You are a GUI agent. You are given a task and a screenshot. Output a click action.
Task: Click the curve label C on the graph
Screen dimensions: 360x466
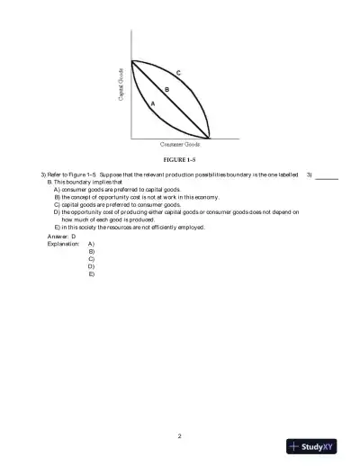point(179,71)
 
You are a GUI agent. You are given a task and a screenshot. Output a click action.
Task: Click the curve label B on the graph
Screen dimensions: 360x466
point(166,89)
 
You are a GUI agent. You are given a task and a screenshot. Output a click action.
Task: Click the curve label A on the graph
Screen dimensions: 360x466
point(152,104)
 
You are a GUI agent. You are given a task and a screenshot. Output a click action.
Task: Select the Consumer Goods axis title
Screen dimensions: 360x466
point(180,144)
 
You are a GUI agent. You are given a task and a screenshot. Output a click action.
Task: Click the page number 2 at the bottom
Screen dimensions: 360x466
point(180,435)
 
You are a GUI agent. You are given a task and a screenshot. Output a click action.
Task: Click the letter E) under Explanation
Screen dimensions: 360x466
point(92,273)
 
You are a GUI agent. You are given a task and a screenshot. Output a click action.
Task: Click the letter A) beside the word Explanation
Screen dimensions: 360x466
point(92,244)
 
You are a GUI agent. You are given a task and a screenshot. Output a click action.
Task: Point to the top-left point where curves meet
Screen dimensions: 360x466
point(132,61)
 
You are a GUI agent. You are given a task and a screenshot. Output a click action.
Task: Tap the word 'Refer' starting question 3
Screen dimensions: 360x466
point(55,175)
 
